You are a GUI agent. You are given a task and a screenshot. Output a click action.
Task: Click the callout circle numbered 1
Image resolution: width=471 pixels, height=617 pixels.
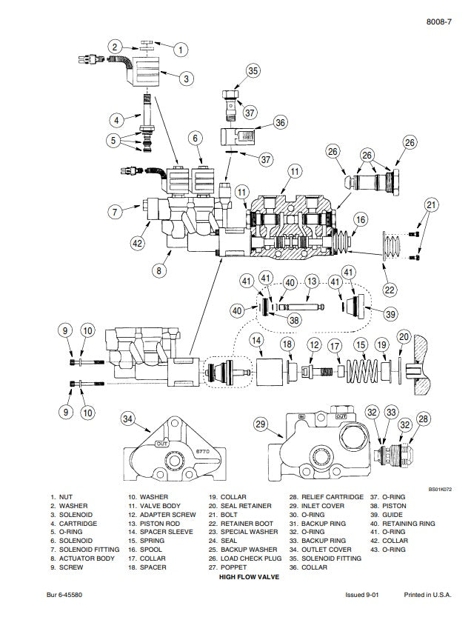click(181, 50)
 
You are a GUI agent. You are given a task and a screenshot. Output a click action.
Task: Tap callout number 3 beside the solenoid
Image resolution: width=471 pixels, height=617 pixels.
click(186, 78)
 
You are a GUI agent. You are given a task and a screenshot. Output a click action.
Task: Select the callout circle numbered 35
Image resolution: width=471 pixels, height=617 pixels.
click(253, 71)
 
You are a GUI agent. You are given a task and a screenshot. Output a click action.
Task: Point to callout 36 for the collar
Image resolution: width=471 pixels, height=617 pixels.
click(280, 122)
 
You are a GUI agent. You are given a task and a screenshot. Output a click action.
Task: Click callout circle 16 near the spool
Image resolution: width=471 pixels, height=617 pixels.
click(361, 219)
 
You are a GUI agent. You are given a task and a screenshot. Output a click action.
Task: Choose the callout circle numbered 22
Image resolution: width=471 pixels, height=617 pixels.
click(389, 290)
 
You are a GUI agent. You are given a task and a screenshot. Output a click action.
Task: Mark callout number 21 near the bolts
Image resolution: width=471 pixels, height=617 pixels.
click(431, 204)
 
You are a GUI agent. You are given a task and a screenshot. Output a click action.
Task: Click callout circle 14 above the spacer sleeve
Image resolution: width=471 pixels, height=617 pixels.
click(255, 340)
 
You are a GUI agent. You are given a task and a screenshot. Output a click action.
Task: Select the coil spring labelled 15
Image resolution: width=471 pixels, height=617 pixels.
click(361, 367)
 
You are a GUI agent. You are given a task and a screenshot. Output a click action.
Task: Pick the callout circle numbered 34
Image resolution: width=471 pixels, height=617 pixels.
click(128, 420)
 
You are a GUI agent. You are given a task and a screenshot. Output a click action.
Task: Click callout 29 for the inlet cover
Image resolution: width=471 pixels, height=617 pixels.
click(259, 424)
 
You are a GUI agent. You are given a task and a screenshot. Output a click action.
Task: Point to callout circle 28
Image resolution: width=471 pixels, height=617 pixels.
click(423, 420)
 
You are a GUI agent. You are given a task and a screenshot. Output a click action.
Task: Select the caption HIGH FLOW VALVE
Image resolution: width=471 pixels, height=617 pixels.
click(250, 576)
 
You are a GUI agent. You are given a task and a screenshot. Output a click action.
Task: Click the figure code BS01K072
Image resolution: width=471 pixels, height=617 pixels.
click(440, 489)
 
